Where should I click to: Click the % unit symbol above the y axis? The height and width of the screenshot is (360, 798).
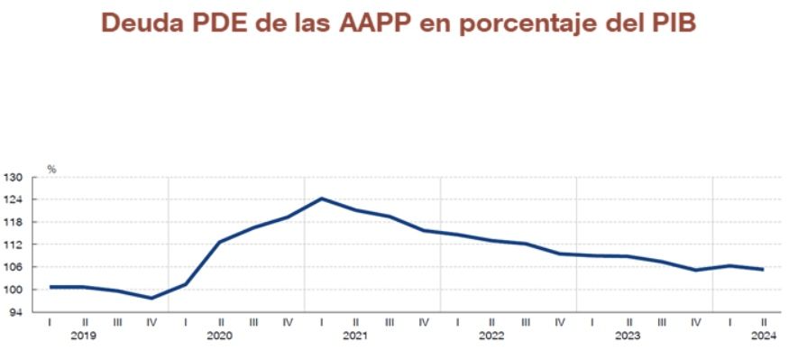coord(51,169)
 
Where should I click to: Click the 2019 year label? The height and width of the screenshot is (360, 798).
coord(84,336)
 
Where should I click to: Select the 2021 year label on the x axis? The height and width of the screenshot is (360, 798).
coord(355,336)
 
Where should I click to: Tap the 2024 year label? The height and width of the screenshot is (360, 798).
coord(763,336)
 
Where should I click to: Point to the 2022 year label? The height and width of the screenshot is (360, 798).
coord(491,336)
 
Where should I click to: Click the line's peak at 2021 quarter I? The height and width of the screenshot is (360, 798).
coord(322,198)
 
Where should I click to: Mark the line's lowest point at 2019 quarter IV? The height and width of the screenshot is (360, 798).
coord(151,298)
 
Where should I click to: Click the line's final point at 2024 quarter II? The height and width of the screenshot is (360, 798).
coord(764,269)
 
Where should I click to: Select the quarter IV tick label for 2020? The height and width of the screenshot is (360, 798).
coord(288,321)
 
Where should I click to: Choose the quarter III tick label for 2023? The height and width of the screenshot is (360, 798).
coord(662,321)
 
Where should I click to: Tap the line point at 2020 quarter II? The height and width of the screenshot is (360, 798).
coord(220,241)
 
